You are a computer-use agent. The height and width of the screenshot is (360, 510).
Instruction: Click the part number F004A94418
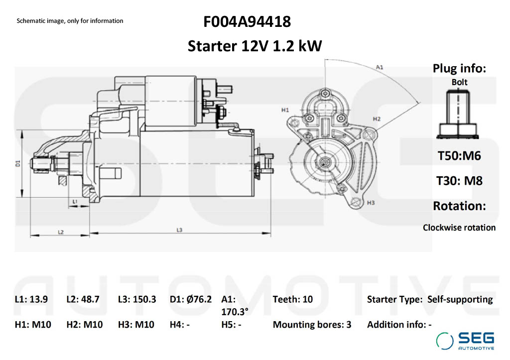[x=247, y=22]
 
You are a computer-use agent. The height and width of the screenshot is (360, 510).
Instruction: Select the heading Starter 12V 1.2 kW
[x=255, y=46]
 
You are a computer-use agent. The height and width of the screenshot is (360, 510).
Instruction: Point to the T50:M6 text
[x=459, y=155]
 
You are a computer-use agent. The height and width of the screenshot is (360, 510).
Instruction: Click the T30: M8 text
[x=459, y=181]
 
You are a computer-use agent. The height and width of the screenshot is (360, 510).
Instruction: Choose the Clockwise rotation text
[x=459, y=228]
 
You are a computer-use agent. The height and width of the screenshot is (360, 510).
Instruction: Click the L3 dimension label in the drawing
[x=179, y=230]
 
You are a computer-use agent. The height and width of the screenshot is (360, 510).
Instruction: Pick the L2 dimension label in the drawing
[x=60, y=232]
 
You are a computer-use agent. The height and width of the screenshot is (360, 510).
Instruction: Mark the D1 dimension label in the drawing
[x=17, y=163]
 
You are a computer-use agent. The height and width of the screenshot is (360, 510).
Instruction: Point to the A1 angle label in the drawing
[x=379, y=67]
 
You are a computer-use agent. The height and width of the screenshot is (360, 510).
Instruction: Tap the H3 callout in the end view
[x=370, y=203]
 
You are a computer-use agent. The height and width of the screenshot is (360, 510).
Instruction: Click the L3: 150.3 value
[x=137, y=299]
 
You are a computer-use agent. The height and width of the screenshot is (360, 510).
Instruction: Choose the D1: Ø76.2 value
[x=191, y=299]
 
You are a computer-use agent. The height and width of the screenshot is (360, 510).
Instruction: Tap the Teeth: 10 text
[x=293, y=299]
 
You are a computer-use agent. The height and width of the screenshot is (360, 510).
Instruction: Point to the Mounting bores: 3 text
[x=312, y=325]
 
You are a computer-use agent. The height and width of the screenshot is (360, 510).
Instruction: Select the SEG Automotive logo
[x=465, y=341]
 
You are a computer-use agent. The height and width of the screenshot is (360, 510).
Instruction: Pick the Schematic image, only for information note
[x=70, y=21]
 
